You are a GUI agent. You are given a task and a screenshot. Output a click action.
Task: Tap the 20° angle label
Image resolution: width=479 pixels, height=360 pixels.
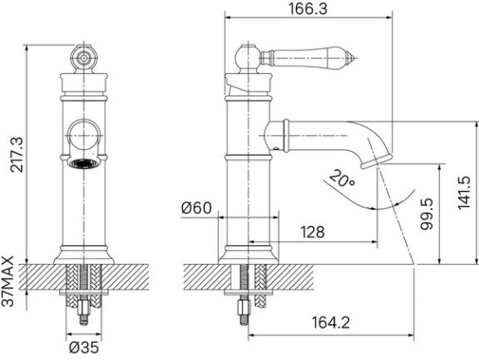[341, 180]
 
